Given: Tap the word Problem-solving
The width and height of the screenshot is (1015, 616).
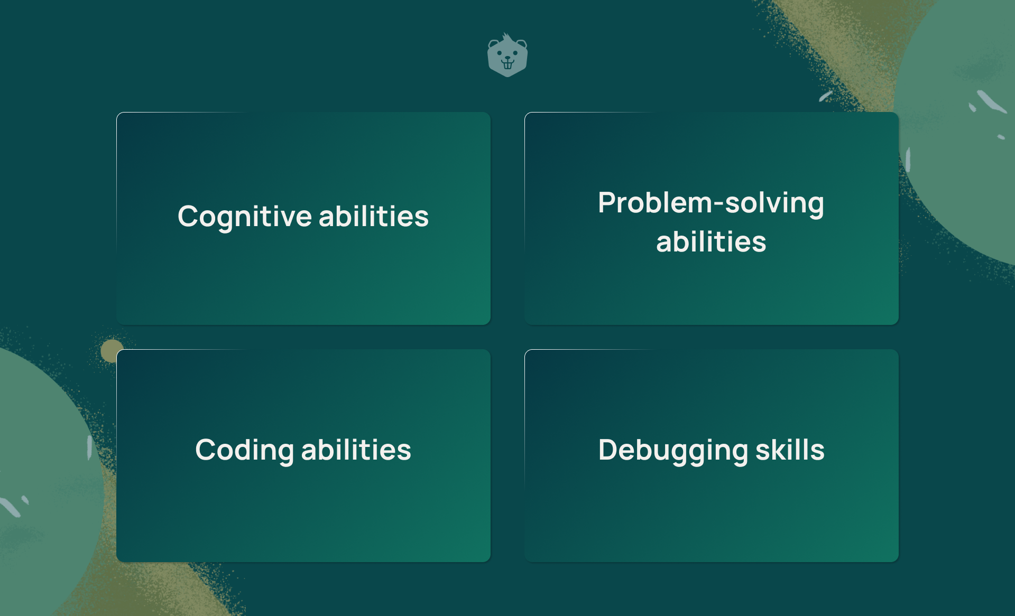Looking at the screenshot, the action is (x=711, y=203).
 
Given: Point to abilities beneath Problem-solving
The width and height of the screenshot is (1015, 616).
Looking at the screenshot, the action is (x=711, y=242).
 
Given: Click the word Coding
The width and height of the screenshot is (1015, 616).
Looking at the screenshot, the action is (x=245, y=450).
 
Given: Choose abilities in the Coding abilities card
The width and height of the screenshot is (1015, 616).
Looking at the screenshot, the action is (x=356, y=450).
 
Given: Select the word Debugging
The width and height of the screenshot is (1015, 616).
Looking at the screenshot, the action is (x=673, y=451).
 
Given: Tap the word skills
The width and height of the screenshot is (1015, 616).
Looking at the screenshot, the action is (x=790, y=450).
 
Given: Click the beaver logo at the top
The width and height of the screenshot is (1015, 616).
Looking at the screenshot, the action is (x=508, y=55).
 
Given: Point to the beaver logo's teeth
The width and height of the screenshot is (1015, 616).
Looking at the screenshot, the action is (x=508, y=65).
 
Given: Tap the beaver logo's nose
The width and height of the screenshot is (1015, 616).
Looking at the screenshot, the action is (x=508, y=58).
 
